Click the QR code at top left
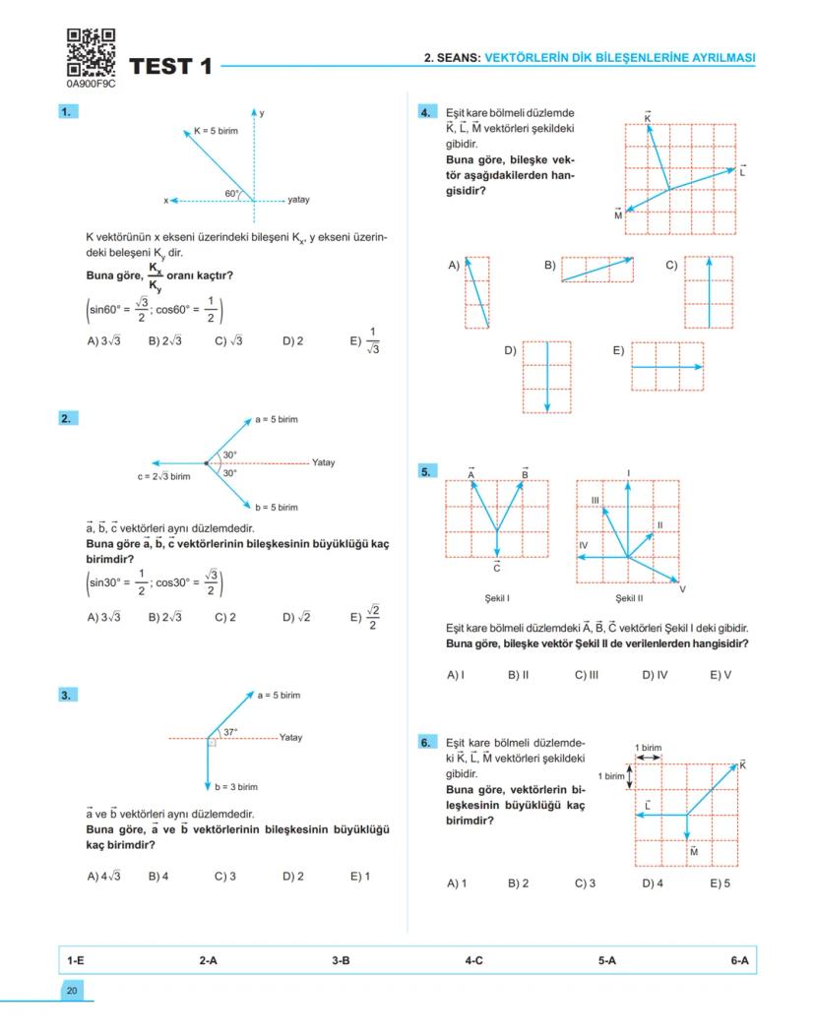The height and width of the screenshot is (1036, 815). click(x=90, y=52)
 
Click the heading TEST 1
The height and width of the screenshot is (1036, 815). click(x=170, y=67)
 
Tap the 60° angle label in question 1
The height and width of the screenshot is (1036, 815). click(x=233, y=193)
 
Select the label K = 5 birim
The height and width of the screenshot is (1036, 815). click(x=216, y=131)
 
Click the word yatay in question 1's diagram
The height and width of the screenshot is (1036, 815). click(x=298, y=200)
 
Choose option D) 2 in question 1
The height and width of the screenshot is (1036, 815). click(x=292, y=341)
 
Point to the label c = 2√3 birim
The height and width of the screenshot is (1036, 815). click(x=164, y=476)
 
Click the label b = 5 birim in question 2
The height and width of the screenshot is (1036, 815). click(x=277, y=508)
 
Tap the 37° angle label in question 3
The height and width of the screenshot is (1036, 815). click(x=230, y=732)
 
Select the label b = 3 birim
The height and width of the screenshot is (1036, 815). click(x=236, y=787)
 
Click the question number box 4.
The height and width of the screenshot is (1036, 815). click(x=425, y=113)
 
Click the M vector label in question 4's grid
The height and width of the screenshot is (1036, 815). click(x=618, y=214)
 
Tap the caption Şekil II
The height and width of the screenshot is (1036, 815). click(x=629, y=597)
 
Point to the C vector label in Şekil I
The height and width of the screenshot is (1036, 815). click(x=497, y=568)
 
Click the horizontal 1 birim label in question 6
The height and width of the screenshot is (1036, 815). click(x=648, y=748)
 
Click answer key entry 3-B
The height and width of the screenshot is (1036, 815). click(x=341, y=960)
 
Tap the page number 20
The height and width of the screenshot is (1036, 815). click(x=72, y=991)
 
